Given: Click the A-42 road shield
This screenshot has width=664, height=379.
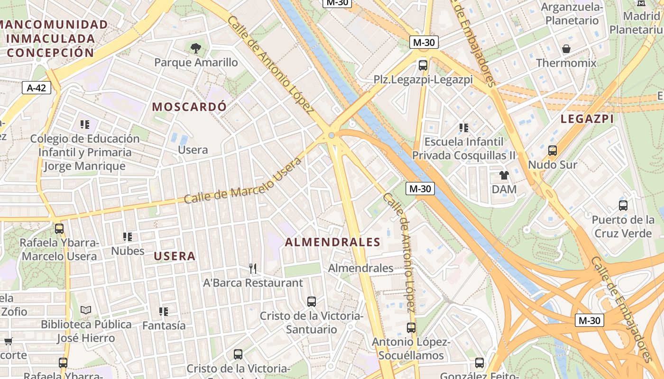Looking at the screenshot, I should tap(37, 88).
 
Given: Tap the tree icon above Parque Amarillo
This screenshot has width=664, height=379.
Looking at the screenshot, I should tap(195, 48).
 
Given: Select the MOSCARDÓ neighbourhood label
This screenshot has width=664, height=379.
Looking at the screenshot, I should tap(189, 107).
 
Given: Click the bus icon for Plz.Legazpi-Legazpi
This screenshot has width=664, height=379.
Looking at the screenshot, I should tap(423, 65).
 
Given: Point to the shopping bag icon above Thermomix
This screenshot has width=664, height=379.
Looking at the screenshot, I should tap(566, 49).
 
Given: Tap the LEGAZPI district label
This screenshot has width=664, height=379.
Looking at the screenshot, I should tap(587, 119).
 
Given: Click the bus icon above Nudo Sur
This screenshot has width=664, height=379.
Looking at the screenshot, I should tap(553, 151).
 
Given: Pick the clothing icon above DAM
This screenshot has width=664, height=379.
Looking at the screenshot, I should tap(504, 175).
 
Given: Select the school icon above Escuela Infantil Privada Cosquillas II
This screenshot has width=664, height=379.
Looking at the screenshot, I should tap(464, 127).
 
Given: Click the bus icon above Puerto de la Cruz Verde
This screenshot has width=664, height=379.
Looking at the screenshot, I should tap(623, 206).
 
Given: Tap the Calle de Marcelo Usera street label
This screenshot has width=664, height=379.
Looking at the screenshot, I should tap(242, 181).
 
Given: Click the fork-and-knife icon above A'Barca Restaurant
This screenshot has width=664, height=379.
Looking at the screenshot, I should tap(253, 269).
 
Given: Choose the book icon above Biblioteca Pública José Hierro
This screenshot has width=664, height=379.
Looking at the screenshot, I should tap(85, 310).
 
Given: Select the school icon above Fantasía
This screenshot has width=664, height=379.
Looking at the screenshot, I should tap(164, 311).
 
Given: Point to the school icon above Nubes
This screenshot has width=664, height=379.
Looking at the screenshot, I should tap(128, 236).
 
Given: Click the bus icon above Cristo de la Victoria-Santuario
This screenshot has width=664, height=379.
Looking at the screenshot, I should tap(312, 301).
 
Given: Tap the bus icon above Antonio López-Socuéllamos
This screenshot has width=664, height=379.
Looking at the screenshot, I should tap(411, 327).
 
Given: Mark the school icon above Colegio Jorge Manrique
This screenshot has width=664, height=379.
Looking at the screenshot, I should tap(85, 125).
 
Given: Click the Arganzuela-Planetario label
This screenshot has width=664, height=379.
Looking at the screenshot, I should tap(572, 14).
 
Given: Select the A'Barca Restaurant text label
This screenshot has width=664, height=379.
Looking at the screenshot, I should tap(253, 283).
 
